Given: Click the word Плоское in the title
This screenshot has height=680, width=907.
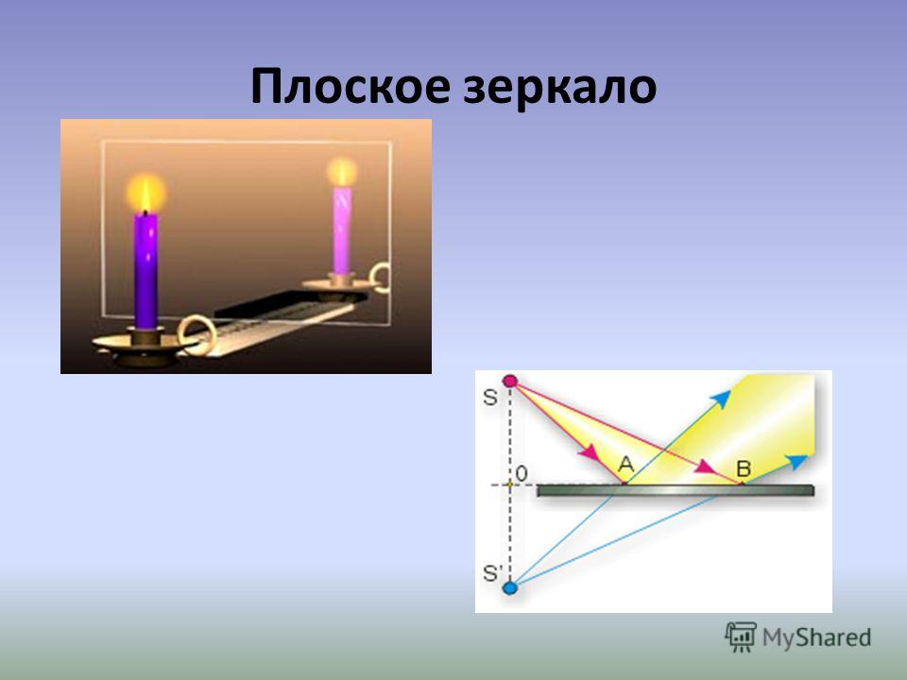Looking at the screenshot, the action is point(351,87).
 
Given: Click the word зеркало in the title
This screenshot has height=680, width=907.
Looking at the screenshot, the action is point(560,88).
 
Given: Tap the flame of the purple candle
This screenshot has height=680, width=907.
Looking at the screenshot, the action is point(146,193).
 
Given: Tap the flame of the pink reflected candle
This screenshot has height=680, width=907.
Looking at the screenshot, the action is point(342,172).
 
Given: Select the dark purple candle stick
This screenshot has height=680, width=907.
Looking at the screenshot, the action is point(145,271).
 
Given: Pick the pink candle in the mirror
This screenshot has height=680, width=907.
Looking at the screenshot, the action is point(342,229).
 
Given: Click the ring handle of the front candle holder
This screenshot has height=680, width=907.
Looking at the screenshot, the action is point(197,334).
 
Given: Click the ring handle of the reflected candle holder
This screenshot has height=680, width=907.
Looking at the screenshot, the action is point(380,278).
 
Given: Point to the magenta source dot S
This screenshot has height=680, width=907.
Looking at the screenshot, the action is point(509,381).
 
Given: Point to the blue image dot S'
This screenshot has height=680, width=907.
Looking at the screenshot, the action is point(509,588).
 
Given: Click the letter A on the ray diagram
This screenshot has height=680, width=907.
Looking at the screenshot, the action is point(625,465).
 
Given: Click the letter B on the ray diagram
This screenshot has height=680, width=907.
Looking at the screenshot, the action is point(744,468).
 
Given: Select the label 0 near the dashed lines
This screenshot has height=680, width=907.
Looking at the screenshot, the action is point(522,473).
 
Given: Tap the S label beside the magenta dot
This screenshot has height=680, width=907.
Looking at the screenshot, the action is point(490,398).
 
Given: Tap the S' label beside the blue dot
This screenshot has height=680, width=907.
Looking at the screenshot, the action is point(491,573).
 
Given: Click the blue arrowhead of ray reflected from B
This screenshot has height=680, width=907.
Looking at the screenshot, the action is point(797,462).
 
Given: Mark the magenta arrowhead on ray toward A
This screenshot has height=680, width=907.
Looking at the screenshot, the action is point(590,451).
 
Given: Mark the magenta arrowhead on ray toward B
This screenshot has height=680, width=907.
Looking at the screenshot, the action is point(707,467).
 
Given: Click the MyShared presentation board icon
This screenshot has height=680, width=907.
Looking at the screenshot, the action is point(741,637).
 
